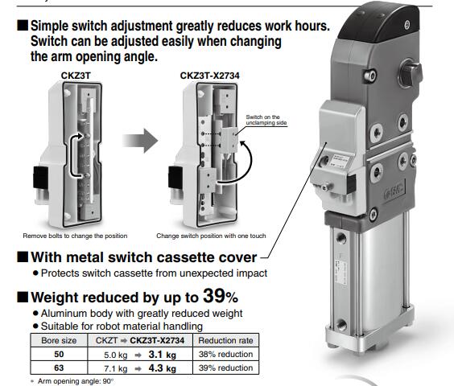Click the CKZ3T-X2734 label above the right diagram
[209, 76]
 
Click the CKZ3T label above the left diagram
[76, 76]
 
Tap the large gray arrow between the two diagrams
[140, 141]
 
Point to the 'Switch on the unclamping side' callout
[266, 120]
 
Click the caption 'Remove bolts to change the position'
[75, 236]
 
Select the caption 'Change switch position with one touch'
[211, 236]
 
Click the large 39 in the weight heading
[213, 296]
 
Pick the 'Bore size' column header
[59, 340]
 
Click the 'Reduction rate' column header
[225, 340]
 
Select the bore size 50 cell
[59, 354]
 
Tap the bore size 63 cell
[59, 368]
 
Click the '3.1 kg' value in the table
[162, 355]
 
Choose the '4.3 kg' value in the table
[162, 368]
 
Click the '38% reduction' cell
[225, 354]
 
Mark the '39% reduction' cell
[225, 368]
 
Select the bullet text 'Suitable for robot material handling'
[122, 326]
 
